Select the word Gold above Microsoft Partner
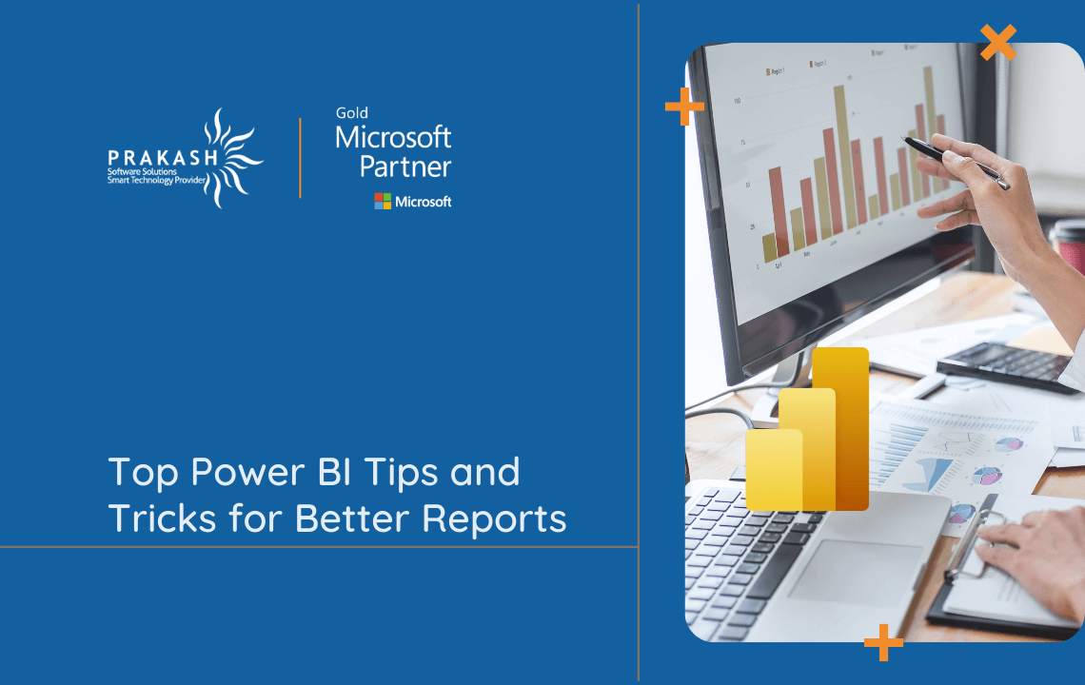352,113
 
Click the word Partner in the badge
404,166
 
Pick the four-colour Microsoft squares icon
383,201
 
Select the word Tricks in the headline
151,519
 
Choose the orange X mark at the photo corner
997,43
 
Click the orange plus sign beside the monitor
683,106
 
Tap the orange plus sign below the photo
883,642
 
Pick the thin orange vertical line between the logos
300,158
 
